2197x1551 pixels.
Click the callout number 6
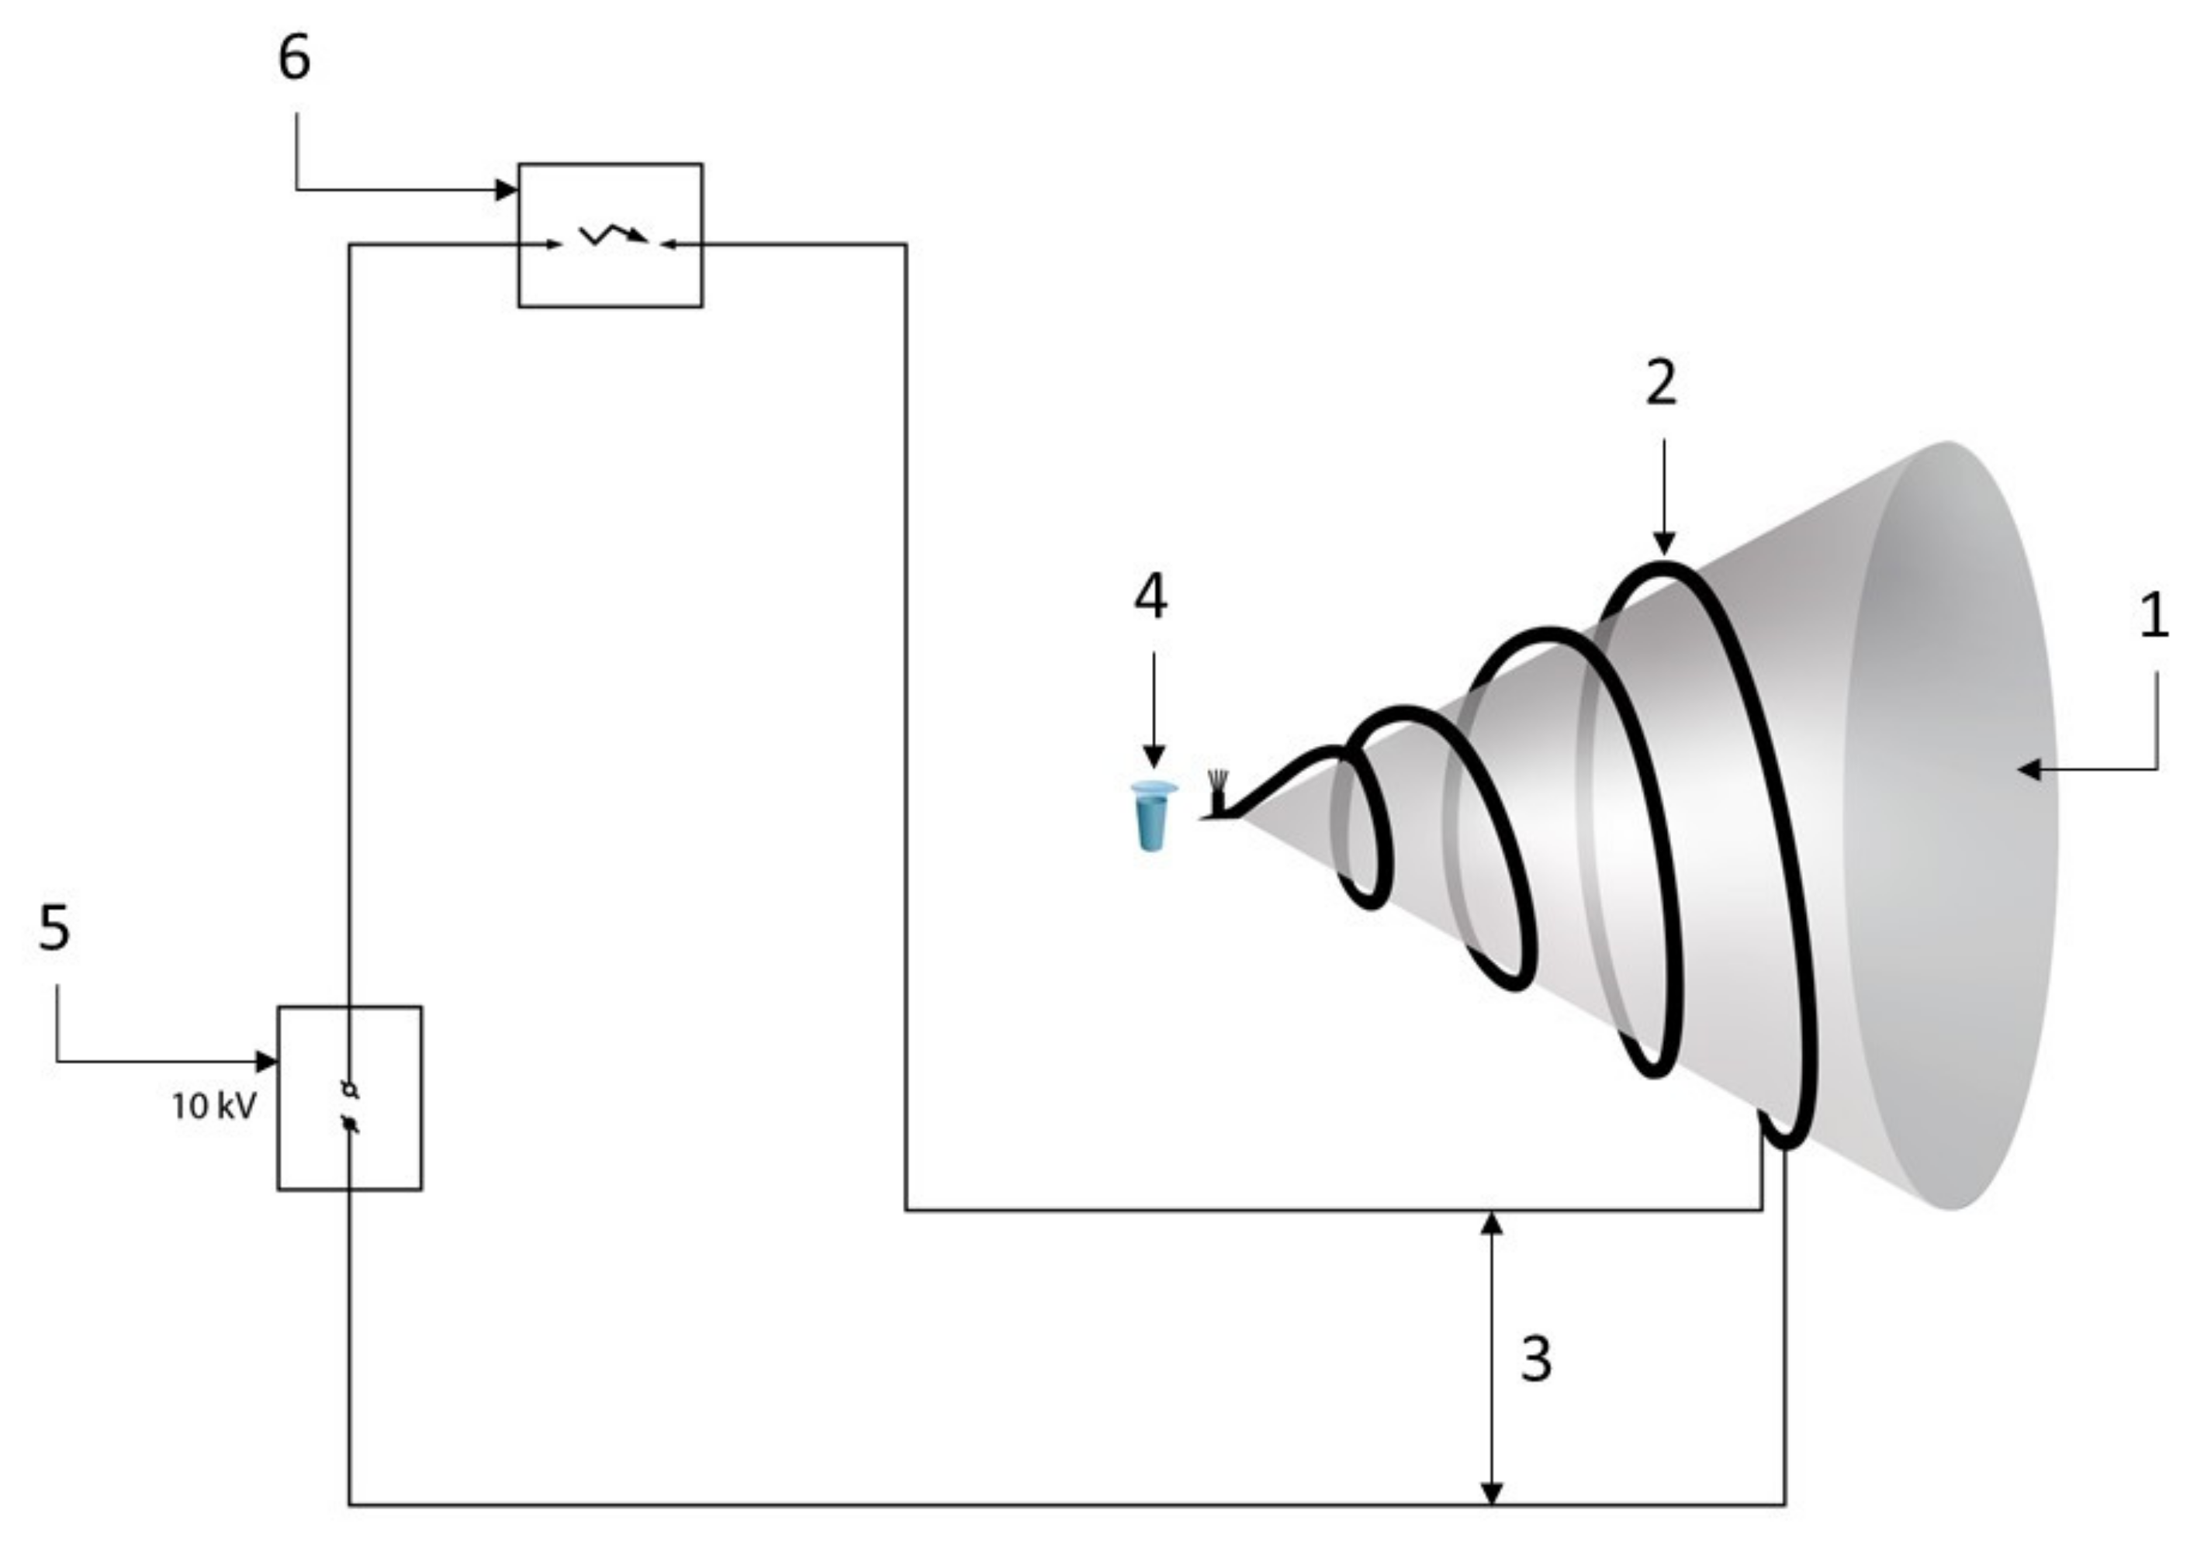294,57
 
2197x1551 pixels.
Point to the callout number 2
1661,383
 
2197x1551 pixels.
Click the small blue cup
1152,815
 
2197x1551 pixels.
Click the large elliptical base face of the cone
1952,832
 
